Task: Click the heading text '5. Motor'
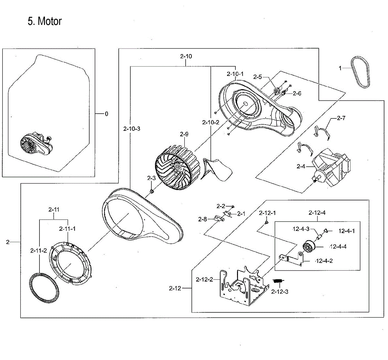pyautogui.click(x=45, y=21)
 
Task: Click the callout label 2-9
pyautogui.click(x=184, y=134)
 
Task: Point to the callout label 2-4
pyautogui.click(x=301, y=166)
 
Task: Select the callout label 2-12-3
pyautogui.click(x=280, y=292)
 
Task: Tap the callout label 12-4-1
pyautogui.click(x=347, y=231)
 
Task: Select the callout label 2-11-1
pyautogui.click(x=67, y=229)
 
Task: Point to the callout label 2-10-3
pyautogui.click(x=132, y=129)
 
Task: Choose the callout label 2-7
pyautogui.click(x=341, y=118)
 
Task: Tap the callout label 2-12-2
pyautogui.click(x=204, y=279)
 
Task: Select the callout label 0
pyautogui.click(x=106, y=114)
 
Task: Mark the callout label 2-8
pyautogui.click(x=202, y=219)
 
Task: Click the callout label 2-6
pyautogui.click(x=297, y=93)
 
